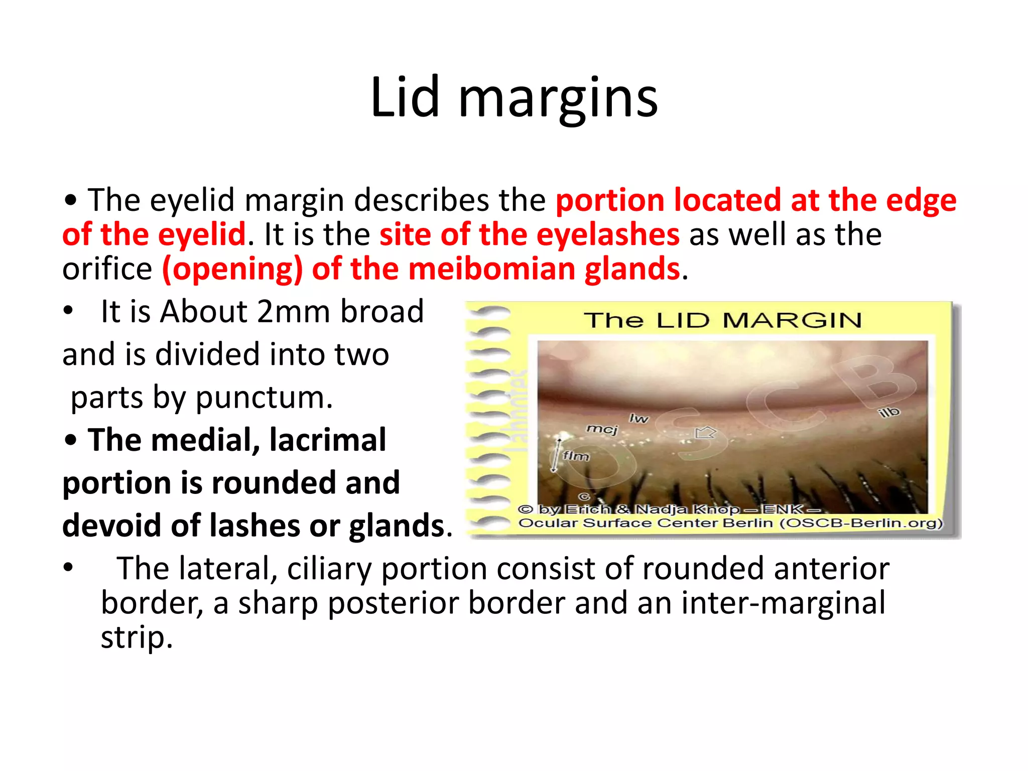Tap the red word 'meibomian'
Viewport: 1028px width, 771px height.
pos(491,269)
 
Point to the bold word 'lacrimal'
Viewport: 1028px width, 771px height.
pos(327,440)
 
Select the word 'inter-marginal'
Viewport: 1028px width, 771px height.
pos(783,602)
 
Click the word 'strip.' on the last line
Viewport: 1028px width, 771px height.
pos(137,637)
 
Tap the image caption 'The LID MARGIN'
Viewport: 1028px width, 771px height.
pos(722,320)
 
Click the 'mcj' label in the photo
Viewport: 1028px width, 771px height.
pos(602,429)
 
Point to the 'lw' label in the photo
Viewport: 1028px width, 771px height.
pos(638,418)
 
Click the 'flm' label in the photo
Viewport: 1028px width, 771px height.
pos(575,456)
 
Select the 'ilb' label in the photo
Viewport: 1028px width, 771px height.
pos(889,413)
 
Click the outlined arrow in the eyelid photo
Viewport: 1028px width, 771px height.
pos(705,432)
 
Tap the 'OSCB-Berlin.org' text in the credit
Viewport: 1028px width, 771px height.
pos(861,523)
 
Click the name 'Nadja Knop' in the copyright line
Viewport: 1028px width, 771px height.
pos(688,509)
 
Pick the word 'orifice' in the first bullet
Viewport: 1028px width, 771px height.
pos(107,269)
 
